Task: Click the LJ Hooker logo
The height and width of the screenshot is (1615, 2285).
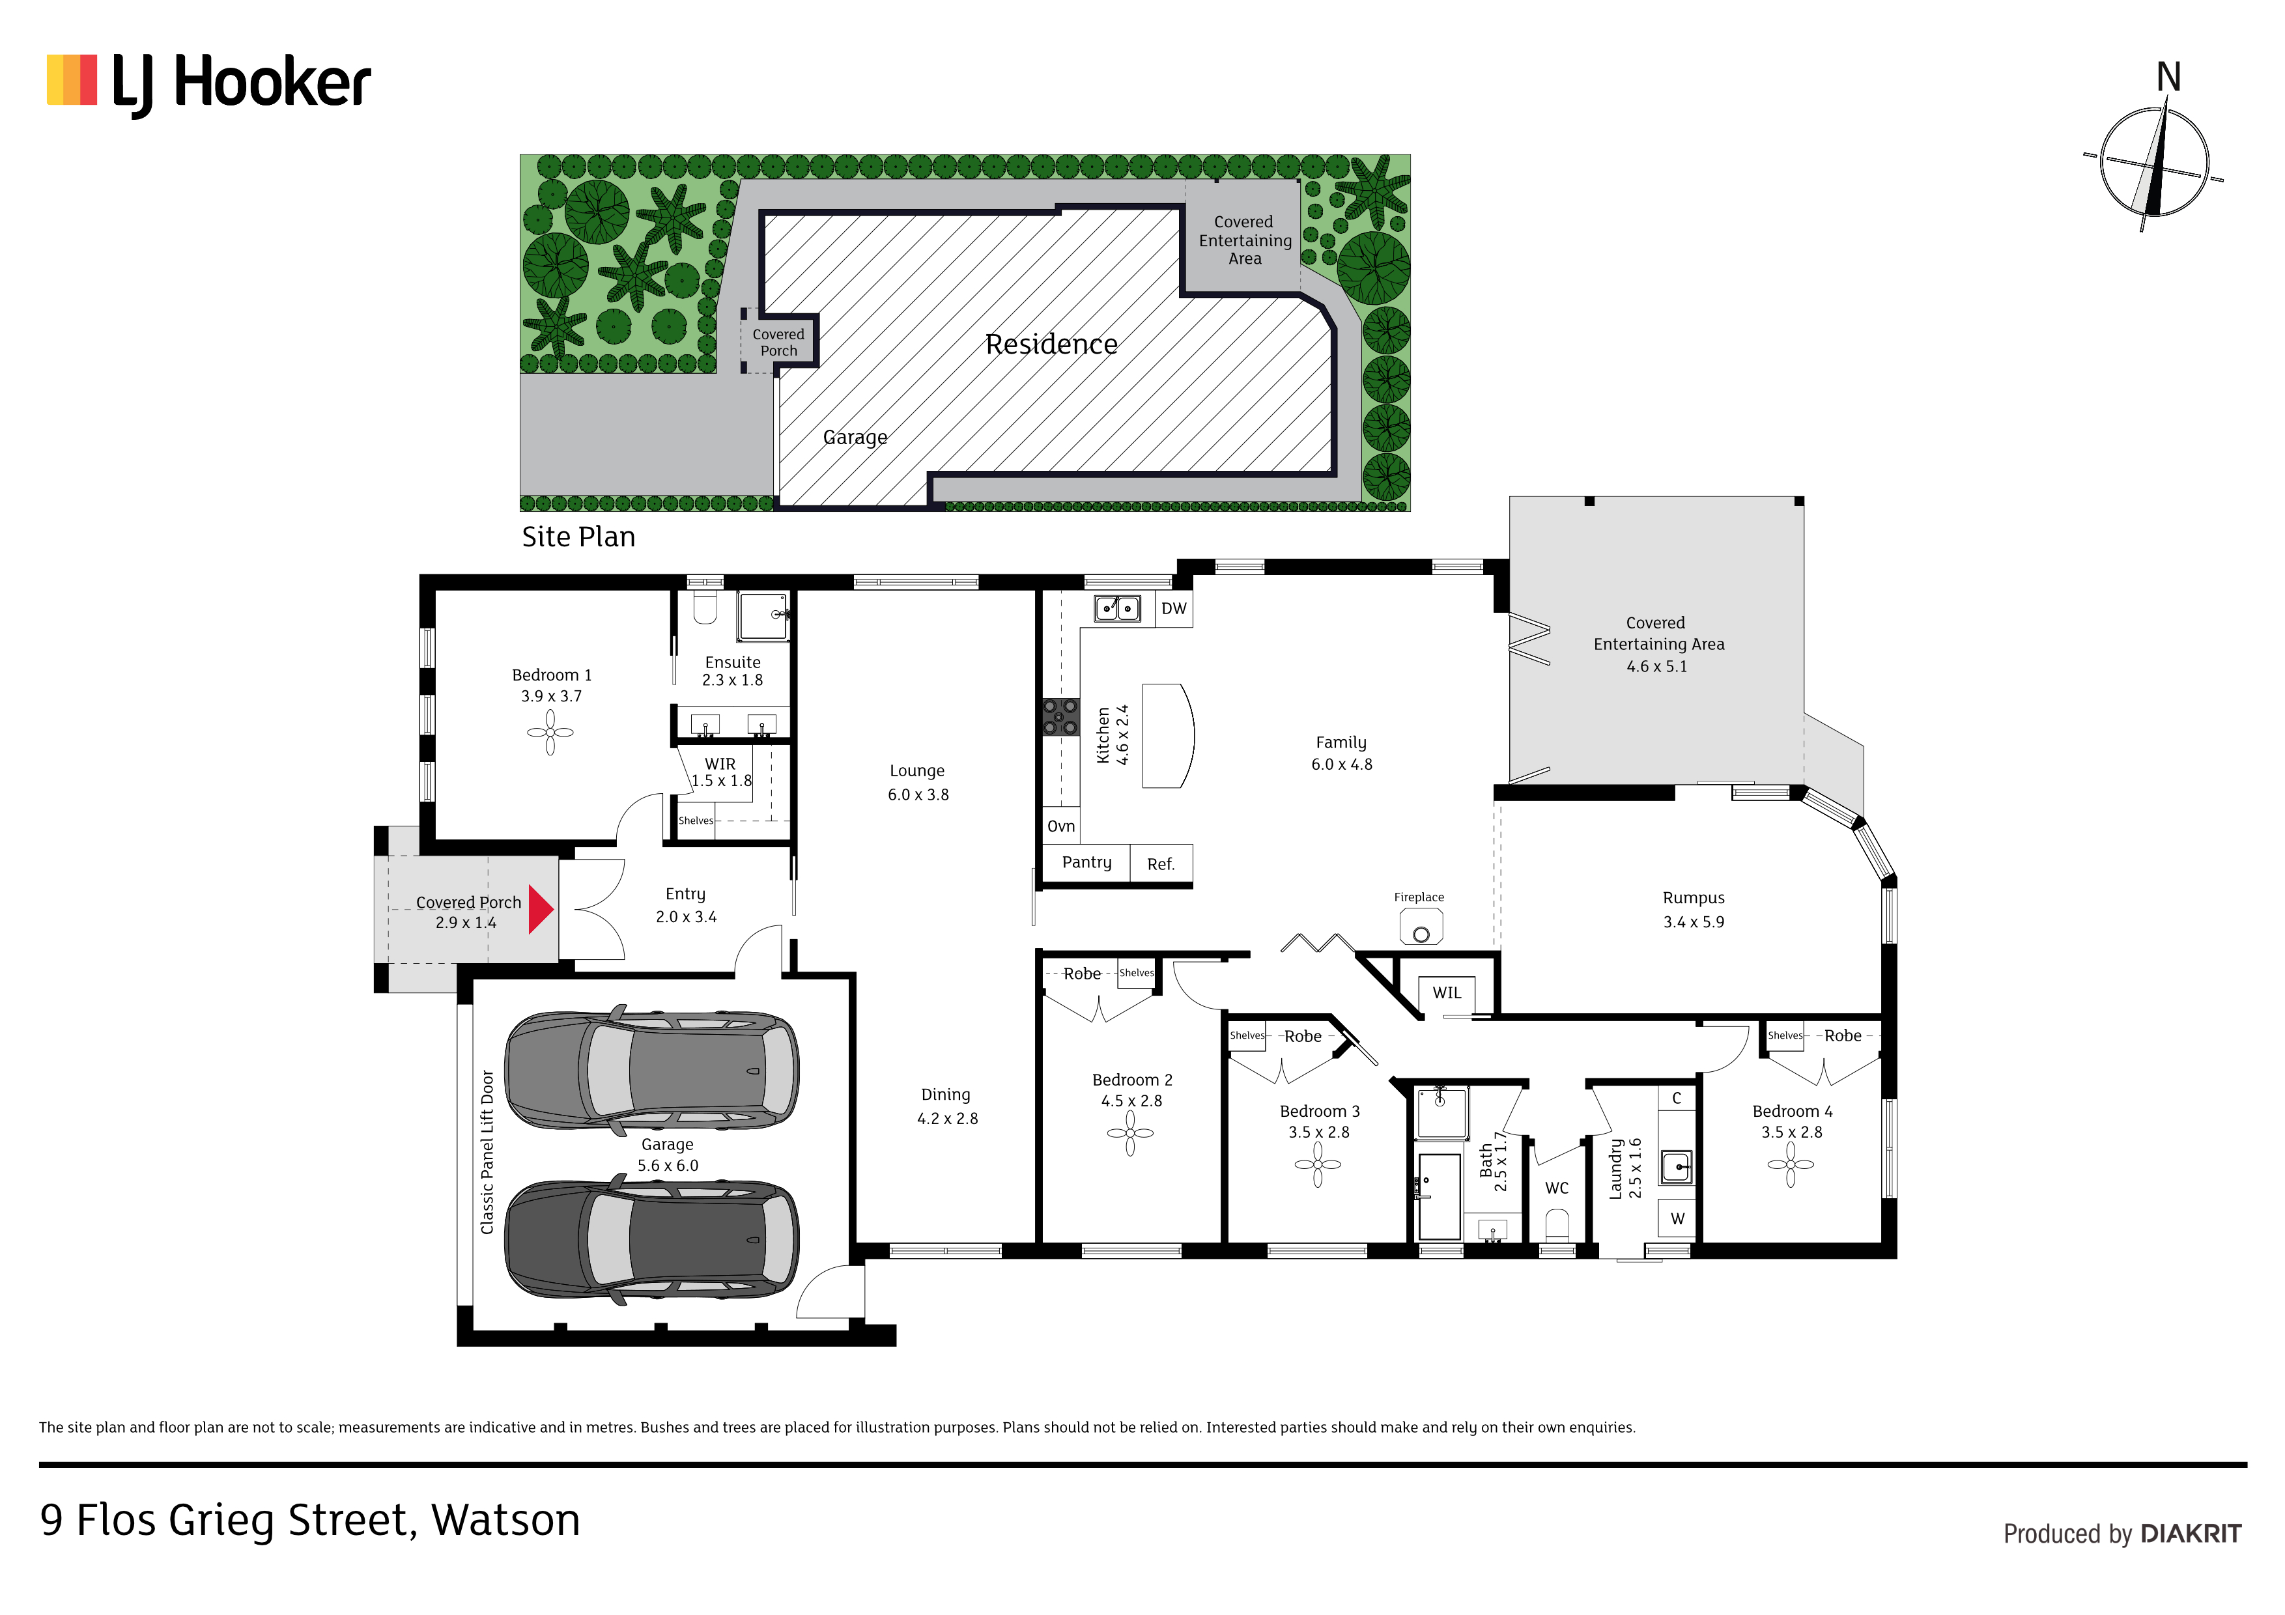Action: click(x=209, y=85)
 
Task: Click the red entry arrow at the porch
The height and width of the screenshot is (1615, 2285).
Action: click(x=541, y=910)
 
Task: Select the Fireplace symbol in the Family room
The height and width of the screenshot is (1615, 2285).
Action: click(x=1421, y=927)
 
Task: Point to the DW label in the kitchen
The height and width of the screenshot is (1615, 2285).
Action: click(x=1174, y=609)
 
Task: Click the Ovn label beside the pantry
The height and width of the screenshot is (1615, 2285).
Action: click(x=1061, y=826)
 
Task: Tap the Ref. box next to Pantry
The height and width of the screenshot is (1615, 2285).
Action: click(x=1161, y=864)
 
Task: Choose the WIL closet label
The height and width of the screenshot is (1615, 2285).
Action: click(x=1447, y=993)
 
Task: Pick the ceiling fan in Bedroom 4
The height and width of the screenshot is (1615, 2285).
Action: click(x=1791, y=1164)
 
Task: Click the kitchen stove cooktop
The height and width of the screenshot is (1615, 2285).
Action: click(x=1060, y=716)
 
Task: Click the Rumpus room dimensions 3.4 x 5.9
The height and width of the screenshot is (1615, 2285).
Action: click(x=1694, y=922)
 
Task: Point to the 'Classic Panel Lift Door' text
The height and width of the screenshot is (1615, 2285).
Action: click(x=488, y=1152)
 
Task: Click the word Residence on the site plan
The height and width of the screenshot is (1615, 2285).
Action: click(x=1051, y=344)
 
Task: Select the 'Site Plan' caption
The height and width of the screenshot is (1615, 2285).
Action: click(x=578, y=537)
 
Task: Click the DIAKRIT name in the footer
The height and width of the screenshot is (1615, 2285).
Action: click(x=2191, y=1534)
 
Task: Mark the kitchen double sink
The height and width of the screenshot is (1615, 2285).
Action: click(x=1118, y=608)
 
